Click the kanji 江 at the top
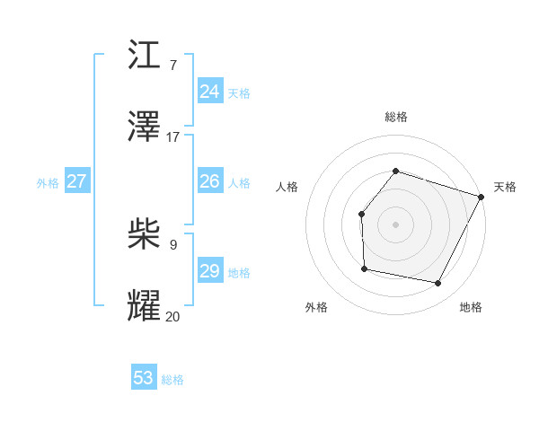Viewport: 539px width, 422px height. point(144,56)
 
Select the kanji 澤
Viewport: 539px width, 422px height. point(144,127)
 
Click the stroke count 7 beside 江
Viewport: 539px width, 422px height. point(173,65)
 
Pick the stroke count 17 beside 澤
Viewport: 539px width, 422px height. point(173,136)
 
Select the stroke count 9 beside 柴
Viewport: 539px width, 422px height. point(173,244)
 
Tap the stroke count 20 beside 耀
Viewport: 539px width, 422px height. point(173,316)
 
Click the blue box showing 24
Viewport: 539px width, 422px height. point(209,92)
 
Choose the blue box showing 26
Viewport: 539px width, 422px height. point(209,181)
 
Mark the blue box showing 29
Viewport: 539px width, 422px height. point(209,271)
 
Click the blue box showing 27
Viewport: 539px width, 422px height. point(76,181)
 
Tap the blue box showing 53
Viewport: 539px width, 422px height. point(144,378)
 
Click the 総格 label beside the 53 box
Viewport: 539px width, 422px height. point(172,380)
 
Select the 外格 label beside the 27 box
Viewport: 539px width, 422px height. point(48,183)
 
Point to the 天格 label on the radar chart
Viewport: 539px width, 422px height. point(505,187)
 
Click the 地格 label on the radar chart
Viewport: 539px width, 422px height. point(471,307)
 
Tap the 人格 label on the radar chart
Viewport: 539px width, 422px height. point(287,187)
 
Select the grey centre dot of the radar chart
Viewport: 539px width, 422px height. point(395,224)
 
